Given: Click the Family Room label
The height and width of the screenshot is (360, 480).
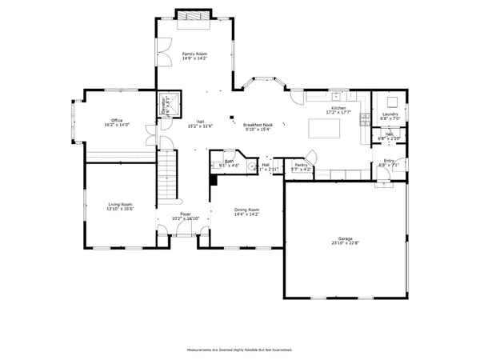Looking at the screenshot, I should (194, 54).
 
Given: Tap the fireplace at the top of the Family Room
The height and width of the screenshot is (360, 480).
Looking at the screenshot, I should (194, 16).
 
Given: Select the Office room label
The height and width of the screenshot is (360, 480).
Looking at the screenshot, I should (117, 120).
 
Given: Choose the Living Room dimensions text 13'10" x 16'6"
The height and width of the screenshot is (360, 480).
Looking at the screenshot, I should (121, 209).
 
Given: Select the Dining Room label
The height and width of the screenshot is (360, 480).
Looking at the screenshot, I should (246, 210).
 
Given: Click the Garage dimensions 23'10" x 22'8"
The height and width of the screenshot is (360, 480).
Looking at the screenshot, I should (345, 242).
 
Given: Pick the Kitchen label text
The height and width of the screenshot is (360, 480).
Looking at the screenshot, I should (339, 109).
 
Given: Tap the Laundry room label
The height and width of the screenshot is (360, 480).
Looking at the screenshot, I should (390, 114).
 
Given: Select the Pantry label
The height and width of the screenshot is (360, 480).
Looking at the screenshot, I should (302, 166).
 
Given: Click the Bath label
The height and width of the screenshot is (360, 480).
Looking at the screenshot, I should (229, 161).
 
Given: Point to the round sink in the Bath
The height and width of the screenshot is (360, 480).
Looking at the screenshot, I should (214, 166).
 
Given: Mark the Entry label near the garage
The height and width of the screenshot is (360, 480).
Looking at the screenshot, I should (389, 161).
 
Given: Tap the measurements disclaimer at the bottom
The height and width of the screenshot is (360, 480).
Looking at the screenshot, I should (239, 350).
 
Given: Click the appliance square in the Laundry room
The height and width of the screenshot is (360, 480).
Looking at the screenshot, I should (393, 101).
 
